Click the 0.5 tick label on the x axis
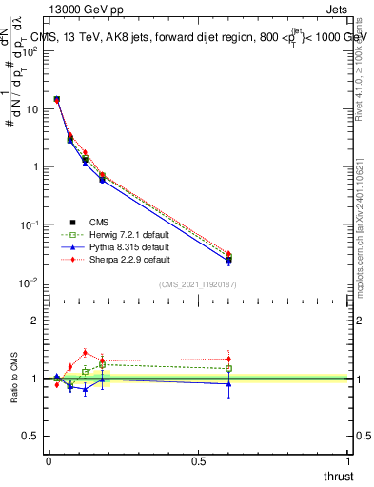point(199,459)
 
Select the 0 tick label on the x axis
point(49,459)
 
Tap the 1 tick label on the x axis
point(349,459)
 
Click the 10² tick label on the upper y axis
point(30,51)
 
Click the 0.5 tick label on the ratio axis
point(31,437)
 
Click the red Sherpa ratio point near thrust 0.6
point(228,360)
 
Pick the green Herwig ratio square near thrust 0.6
point(228,368)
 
